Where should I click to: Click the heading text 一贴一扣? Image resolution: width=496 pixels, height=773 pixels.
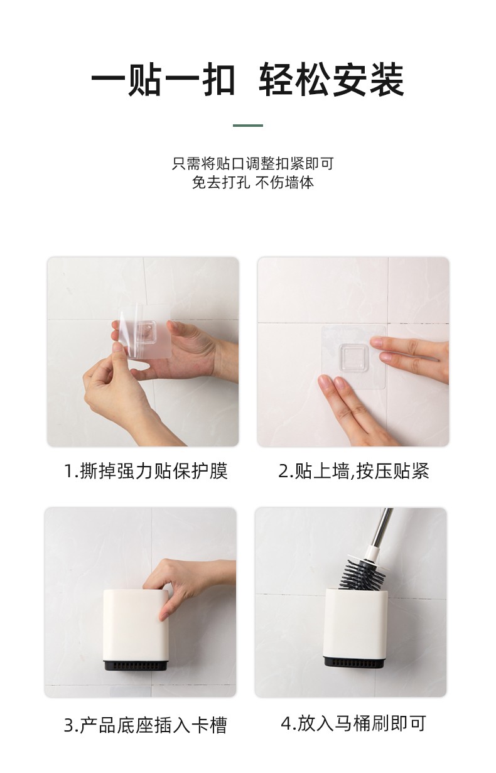(x=163, y=81)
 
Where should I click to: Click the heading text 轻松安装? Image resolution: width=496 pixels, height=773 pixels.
(x=332, y=81)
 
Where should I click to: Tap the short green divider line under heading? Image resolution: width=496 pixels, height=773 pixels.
(x=247, y=126)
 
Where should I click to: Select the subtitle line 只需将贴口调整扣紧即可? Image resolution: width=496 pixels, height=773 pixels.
(x=252, y=164)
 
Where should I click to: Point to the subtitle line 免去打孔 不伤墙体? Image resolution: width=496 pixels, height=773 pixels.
(x=252, y=183)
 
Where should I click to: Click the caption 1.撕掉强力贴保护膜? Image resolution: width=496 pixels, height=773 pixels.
(x=146, y=470)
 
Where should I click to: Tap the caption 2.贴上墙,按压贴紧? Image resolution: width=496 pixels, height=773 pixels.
(x=353, y=470)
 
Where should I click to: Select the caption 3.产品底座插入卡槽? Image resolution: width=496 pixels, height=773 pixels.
(x=145, y=725)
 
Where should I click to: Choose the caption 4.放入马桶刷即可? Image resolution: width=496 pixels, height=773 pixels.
(x=353, y=723)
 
